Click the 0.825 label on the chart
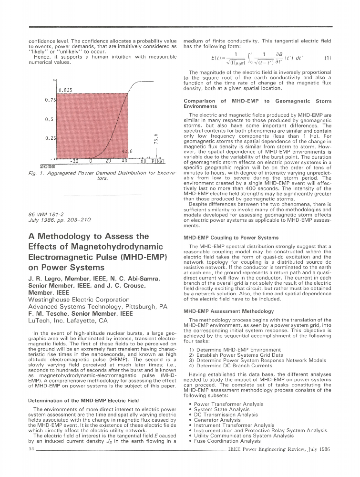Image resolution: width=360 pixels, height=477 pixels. pyautogui.click(x=65, y=90)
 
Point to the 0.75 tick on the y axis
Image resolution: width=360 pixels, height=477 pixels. pyautogui.click(x=51, y=101)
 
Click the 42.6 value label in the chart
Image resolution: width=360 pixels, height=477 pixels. pyautogui.click(x=127, y=151)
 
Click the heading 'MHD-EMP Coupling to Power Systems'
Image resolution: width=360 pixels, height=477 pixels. pyautogui.click(x=231, y=237)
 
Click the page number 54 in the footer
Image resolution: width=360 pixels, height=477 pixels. pyautogui.click(x=31, y=449)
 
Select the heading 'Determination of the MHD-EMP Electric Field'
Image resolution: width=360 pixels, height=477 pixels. pyautogui.click(x=83, y=401)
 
